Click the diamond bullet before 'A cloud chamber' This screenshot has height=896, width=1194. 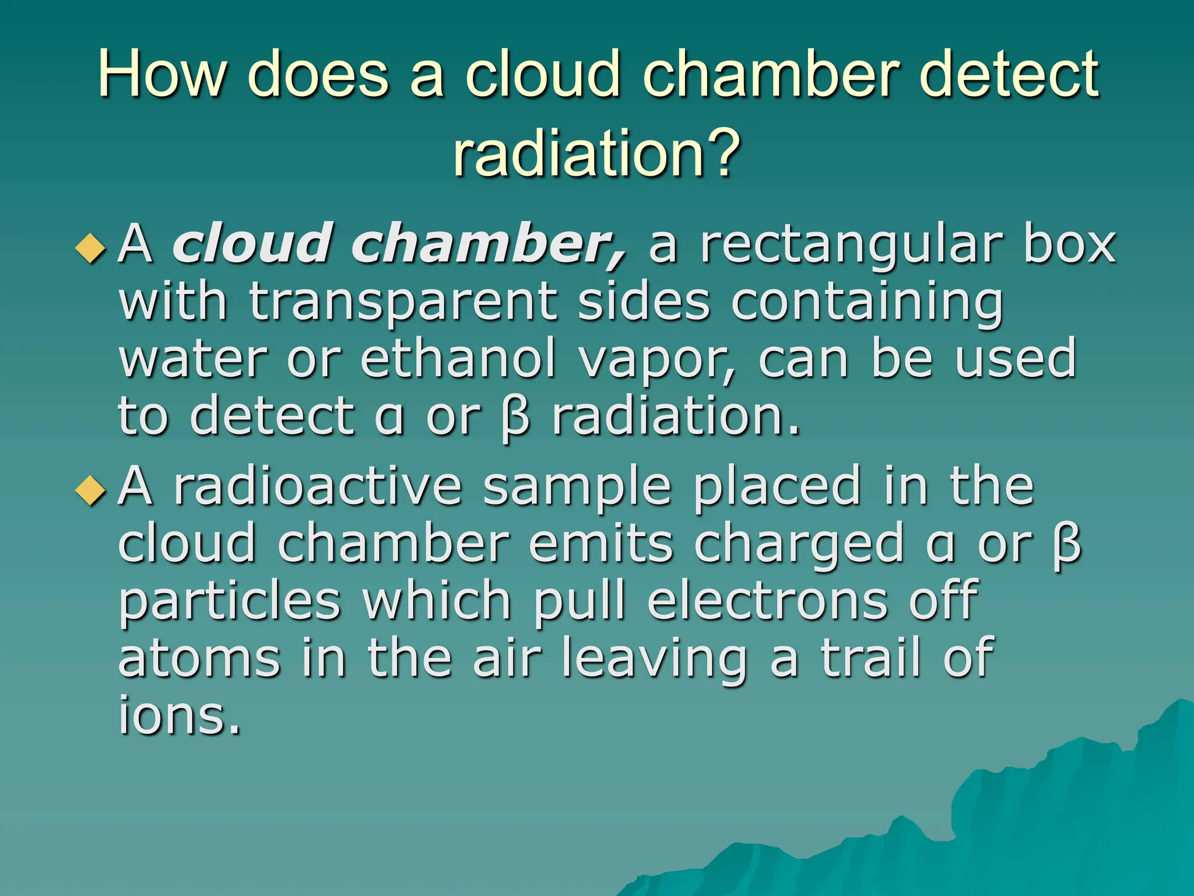[92, 248]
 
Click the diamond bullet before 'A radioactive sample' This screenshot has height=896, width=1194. [92, 489]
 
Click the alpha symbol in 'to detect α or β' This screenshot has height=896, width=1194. [389, 419]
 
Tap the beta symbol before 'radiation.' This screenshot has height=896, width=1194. [515, 419]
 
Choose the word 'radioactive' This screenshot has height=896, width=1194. [318, 487]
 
